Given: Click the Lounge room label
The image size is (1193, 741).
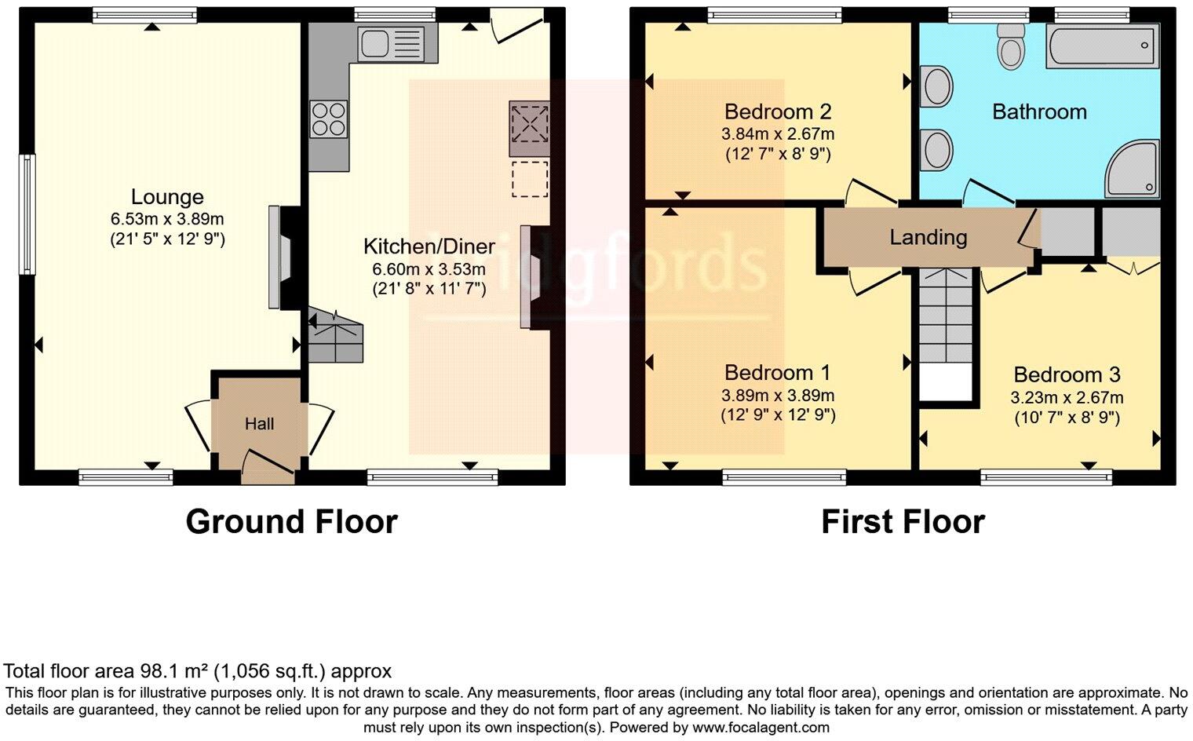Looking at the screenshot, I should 167,197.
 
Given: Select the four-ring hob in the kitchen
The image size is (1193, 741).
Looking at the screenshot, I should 329,120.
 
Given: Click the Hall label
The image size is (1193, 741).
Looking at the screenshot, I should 259,424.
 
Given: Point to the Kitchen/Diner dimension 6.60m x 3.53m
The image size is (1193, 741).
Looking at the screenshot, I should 429,269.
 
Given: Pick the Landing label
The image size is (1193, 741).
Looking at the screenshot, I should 928,237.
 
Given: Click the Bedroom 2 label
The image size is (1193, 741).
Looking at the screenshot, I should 777,111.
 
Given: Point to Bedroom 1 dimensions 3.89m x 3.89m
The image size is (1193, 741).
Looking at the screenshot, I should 777,396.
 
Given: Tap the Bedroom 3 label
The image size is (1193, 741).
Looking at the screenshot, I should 1067,374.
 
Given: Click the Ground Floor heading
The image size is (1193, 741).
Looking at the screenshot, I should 291,522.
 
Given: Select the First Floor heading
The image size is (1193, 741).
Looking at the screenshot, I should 903,522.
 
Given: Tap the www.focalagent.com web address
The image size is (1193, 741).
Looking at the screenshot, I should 761,728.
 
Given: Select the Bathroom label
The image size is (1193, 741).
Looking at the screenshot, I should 1039,111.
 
